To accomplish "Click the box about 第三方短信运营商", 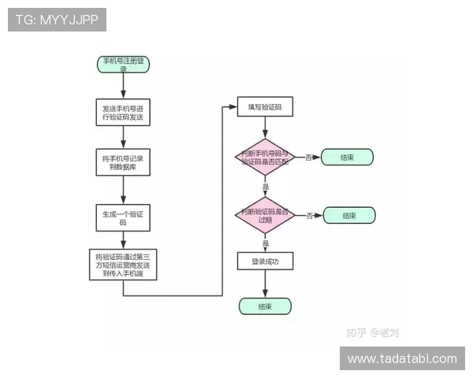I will (x=123, y=265).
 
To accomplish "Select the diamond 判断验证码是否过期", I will (x=265, y=214).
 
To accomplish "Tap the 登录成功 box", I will (x=265, y=261).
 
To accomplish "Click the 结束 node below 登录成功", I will (x=265, y=306).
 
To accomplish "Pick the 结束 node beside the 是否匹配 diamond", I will (x=347, y=157).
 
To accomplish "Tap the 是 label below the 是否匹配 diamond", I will (x=266, y=187).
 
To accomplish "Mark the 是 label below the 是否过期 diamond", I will (x=266, y=245).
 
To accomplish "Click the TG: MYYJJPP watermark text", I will (x=57, y=20).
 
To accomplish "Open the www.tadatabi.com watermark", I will (x=401, y=359).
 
